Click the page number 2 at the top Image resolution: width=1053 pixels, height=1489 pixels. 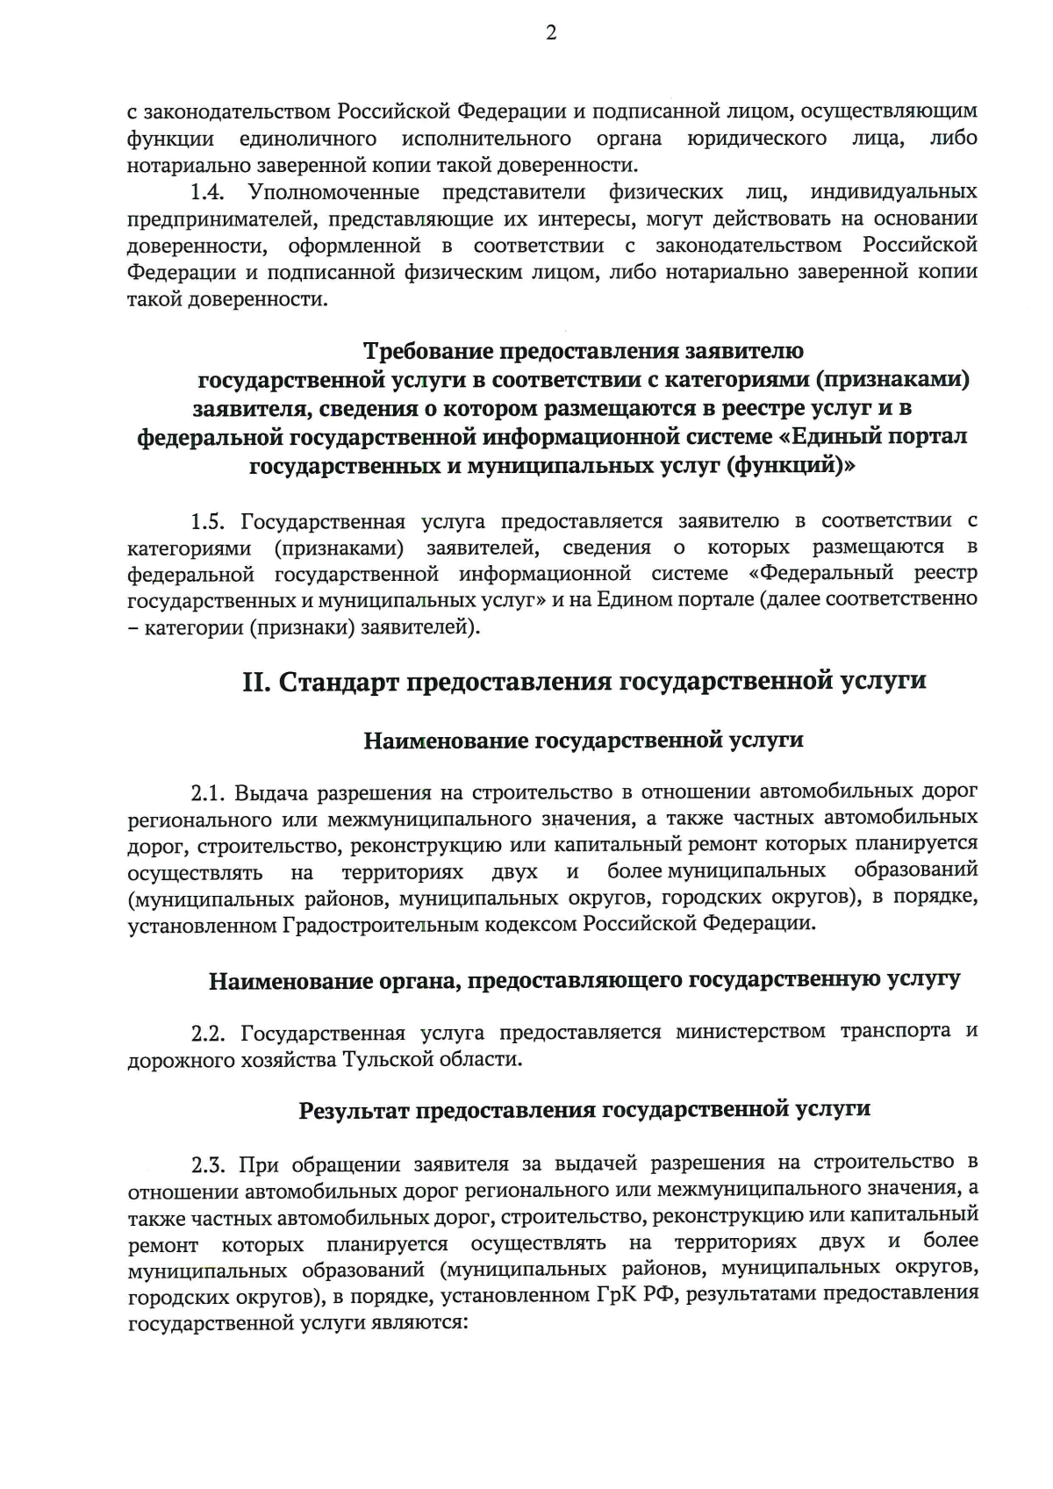551,34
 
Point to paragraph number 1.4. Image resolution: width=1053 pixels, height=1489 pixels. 211,192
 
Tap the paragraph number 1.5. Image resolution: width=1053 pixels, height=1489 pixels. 210,522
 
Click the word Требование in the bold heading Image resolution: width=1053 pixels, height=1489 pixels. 428,352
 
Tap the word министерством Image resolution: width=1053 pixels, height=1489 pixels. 750,1032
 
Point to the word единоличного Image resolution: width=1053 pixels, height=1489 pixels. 308,139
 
